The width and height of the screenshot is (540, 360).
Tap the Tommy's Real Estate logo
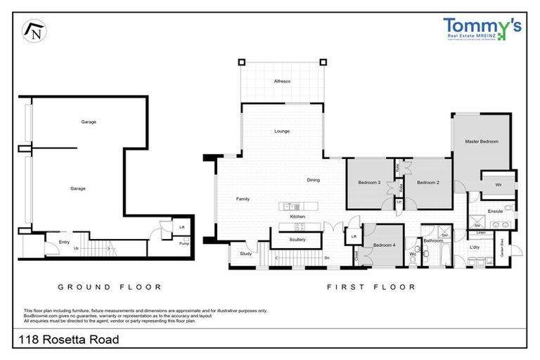482,29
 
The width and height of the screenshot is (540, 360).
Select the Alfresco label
282,82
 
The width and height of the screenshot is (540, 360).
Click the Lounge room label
282,131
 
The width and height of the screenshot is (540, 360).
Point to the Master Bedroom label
482,141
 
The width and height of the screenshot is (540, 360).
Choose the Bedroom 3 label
369,183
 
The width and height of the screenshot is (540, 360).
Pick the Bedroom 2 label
427,183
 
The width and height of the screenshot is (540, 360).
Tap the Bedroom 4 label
384,245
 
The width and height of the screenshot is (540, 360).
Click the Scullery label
297,240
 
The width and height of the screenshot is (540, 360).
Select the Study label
245,253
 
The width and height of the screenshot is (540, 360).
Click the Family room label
242,199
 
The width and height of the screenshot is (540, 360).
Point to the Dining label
313,180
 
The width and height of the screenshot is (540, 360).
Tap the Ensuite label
495,210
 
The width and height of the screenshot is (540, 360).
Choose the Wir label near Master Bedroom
498,185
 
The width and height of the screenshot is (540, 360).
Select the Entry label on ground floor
64,243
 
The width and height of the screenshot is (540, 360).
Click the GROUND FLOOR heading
110,287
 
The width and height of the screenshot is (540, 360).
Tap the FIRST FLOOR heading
371,287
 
